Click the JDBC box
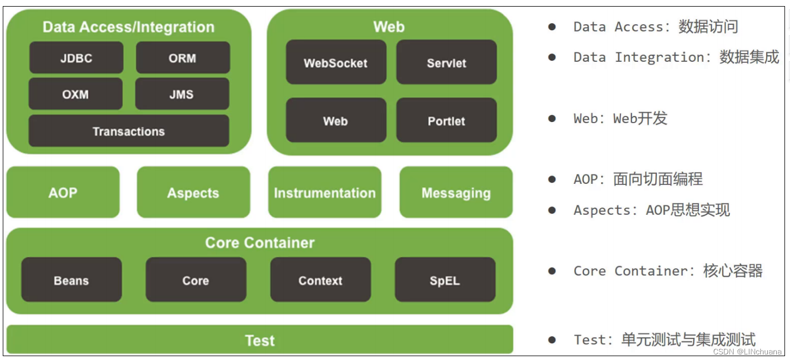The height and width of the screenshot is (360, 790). click(x=76, y=58)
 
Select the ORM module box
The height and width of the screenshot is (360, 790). click(x=183, y=58)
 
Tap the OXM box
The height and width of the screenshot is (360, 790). click(x=76, y=94)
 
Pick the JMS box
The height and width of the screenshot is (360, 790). click(x=182, y=94)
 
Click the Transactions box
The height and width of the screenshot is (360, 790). click(x=129, y=131)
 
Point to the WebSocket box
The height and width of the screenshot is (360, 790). click(x=336, y=63)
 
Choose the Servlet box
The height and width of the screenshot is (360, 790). click(x=446, y=63)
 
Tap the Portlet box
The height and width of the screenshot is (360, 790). click(x=446, y=121)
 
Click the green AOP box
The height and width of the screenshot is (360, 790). click(x=63, y=193)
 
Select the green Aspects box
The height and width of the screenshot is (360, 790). click(x=193, y=193)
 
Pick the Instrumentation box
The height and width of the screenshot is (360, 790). click(x=325, y=193)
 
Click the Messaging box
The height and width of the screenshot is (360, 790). click(x=456, y=193)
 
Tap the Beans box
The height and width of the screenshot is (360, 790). click(x=71, y=280)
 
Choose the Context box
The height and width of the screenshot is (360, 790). click(x=320, y=280)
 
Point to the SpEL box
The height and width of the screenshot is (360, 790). click(x=445, y=280)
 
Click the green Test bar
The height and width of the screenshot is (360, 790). click(x=260, y=340)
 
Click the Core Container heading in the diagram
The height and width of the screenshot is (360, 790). click(x=260, y=243)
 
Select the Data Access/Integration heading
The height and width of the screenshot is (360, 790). click(x=129, y=27)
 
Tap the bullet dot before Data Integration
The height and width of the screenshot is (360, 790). click(x=552, y=57)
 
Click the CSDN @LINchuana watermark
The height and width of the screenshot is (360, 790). click(x=747, y=352)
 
